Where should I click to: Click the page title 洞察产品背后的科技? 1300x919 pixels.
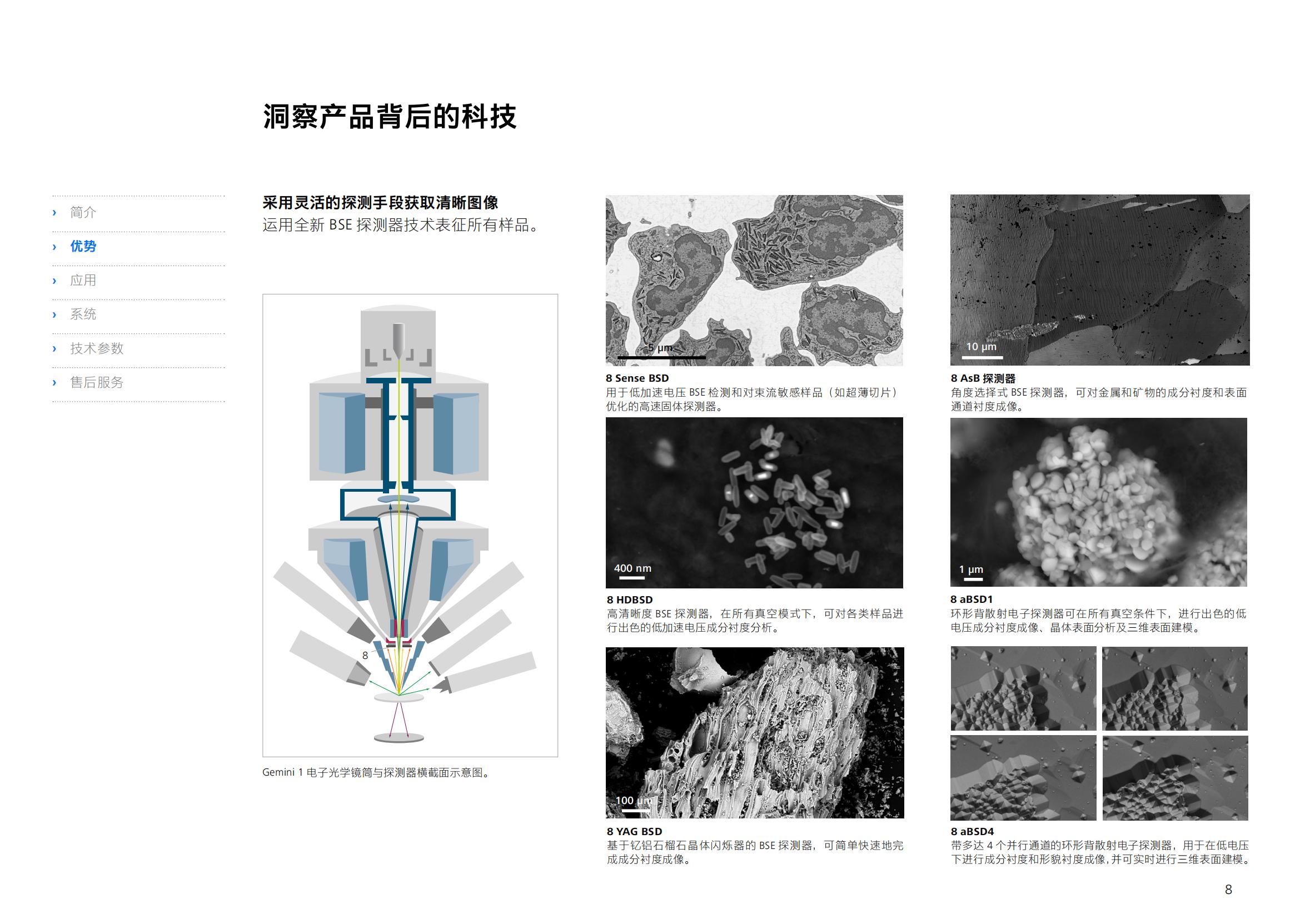point(390,117)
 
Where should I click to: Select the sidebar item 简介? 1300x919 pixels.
point(83,212)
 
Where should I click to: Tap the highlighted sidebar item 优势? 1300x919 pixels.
point(83,246)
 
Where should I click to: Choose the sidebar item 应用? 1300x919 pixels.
point(83,280)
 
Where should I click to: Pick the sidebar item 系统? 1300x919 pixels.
point(83,314)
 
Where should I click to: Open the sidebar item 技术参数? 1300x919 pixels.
point(97,348)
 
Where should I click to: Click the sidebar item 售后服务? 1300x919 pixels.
point(97,382)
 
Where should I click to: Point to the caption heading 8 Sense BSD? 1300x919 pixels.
point(637,378)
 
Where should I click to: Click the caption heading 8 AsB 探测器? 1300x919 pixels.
point(983,378)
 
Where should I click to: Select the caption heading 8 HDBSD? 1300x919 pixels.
point(630,600)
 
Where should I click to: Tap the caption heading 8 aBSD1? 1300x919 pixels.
point(972,599)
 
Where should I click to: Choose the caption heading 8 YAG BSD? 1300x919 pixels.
point(634,831)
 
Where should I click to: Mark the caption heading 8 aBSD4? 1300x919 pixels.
point(972,831)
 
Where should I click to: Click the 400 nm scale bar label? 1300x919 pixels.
point(632,568)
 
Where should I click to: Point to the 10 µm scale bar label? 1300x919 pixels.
point(981,346)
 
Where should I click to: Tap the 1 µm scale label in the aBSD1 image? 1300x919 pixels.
point(971,570)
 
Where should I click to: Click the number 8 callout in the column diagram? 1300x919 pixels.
point(365,655)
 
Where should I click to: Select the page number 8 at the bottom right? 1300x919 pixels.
point(1228,890)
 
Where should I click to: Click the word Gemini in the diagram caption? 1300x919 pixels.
point(278,772)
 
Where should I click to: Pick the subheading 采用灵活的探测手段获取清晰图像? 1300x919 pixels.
point(381,203)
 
